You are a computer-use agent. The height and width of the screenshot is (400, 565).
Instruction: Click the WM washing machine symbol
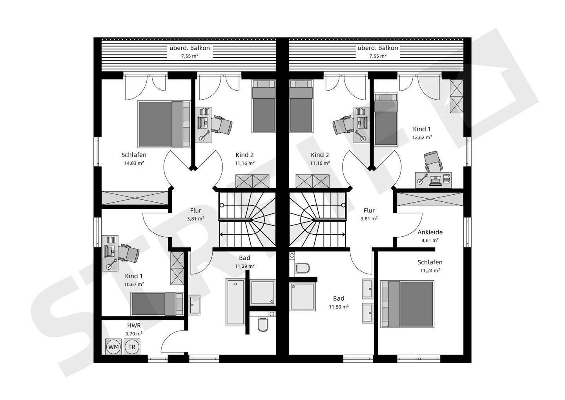coord(113,347)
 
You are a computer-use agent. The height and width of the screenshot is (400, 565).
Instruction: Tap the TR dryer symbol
coord(132,347)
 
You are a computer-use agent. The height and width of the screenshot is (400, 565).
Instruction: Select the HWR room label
coord(134,325)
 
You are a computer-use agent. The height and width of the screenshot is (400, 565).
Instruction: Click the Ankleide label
coord(430,232)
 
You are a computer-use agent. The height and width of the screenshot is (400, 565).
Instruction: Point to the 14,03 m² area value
coord(134,163)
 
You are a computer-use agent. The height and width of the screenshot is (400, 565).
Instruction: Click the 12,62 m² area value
coord(422,137)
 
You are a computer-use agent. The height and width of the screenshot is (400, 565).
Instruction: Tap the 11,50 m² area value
coord(339,307)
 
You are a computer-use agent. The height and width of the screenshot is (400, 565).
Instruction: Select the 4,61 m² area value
coord(430,240)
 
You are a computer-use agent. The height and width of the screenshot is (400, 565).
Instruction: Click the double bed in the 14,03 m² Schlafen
coord(164,124)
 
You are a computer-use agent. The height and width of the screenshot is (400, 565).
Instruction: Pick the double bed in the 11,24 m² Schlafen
coord(407,304)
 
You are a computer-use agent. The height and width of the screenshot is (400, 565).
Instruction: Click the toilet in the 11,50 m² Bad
coord(302,268)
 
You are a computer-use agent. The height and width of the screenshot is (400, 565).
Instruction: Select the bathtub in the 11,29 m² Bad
coord(235,302)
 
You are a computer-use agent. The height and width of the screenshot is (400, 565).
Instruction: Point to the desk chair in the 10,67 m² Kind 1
coord(129,253)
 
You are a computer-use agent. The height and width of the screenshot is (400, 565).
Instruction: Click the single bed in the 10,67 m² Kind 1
coord(157,304)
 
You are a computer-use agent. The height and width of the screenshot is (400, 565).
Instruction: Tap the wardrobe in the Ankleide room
coord(430,199)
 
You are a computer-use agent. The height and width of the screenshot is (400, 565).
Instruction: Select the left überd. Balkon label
coord(190,48)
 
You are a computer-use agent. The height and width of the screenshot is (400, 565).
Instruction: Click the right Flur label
coord(369,210)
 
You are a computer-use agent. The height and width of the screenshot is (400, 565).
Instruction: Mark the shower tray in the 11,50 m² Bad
coord(302,296)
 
